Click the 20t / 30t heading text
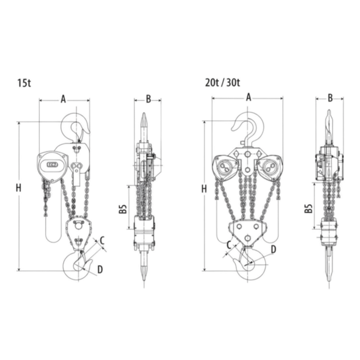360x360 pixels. tap(222, 82)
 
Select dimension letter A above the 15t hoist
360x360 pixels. tap(63, 99)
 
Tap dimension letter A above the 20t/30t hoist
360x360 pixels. tap(248, 97)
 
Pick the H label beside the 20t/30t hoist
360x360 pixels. tap(204, 188)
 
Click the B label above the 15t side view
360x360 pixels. tap(148, 99)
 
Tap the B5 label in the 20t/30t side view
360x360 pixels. tap(308, 209)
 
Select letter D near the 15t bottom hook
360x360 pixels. tap(100, 270)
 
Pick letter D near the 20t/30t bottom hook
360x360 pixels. tap(273, 248)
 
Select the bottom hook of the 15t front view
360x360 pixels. tap(76, 266)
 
